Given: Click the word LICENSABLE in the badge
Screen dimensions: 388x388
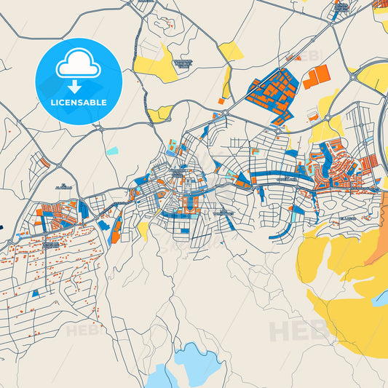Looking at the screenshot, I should (x=79, y=103).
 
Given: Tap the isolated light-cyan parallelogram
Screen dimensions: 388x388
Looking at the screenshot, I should (x=111, y=151).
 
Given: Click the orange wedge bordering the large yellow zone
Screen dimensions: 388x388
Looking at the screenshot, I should (x=377, y=248).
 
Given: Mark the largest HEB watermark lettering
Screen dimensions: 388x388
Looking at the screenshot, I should (x=298, y=331).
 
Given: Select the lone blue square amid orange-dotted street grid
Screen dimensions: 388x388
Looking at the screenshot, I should (x=36, y=293).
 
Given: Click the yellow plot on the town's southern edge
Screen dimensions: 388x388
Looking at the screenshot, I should (x=143, y=231).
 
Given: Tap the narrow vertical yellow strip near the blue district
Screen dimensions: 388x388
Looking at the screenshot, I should (x=226, y=82).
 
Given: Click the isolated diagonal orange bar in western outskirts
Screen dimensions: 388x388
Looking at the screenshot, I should (x=44, y=162).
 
